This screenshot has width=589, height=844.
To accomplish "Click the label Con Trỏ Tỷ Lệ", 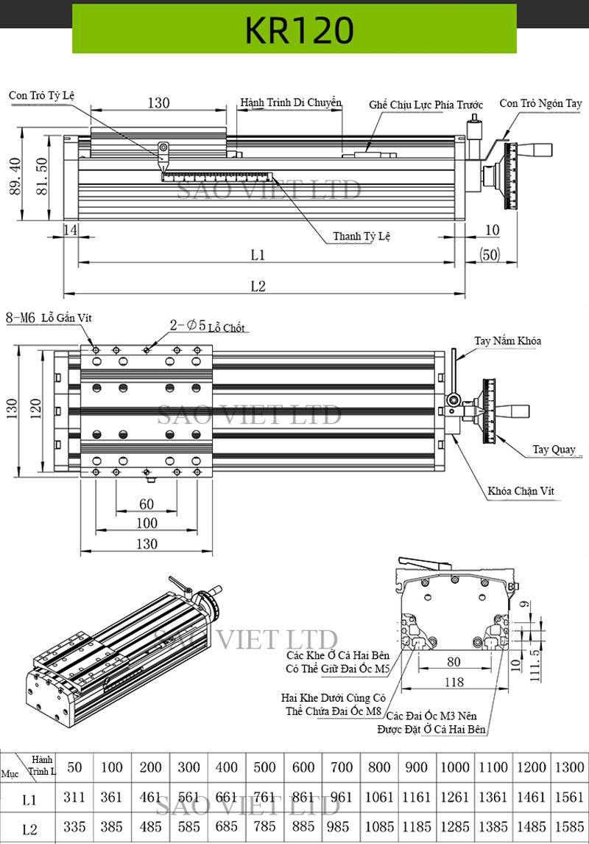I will tap(42, 96).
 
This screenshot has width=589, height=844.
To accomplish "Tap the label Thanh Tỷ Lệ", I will tap(361, 237).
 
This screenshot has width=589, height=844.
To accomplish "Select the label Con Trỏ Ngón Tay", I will tap(540, 103).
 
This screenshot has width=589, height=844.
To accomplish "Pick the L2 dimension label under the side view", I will tap(257, 287).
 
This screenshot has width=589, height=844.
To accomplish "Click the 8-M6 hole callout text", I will tap(21, 318).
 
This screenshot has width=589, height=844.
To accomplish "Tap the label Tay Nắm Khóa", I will tap(507, 341).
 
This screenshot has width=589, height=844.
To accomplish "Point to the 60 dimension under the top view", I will tap(147, 503).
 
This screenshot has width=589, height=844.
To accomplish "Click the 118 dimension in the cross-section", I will tap(454, 683).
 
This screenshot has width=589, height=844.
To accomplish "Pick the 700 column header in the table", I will tap(341, 767).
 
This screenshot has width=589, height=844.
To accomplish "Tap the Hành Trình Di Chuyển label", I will tap(291, 102).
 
